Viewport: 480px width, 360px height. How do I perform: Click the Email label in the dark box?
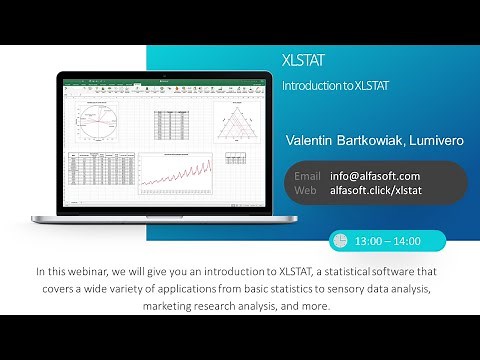click(307, 175)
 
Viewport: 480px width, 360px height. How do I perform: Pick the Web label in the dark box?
click(305, 189)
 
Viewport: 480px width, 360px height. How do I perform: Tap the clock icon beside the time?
click(340, 241)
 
